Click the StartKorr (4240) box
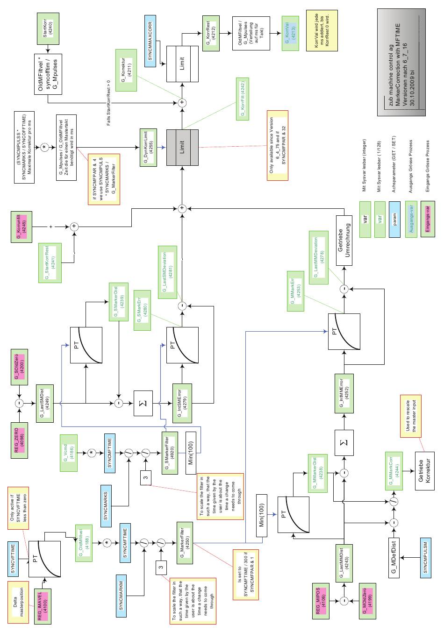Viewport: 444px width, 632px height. pos(47,28)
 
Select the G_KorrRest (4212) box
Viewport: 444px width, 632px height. pos(212,32)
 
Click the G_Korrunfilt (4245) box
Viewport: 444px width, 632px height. pos(21,227)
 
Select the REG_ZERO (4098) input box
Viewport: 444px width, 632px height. pos(22,438)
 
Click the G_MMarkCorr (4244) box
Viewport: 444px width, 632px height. pos(393,469)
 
